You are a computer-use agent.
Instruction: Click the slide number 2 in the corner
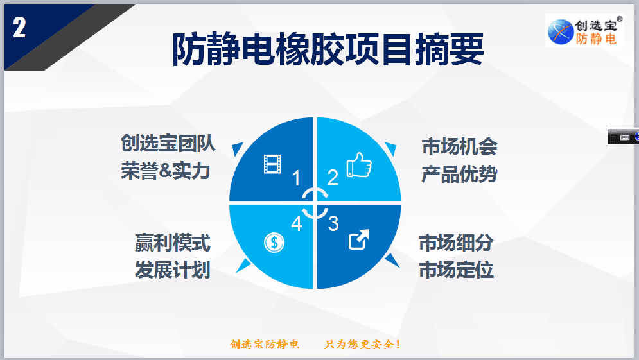19,28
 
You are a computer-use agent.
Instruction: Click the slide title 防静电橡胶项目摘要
328,49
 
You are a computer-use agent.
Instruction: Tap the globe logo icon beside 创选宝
561,31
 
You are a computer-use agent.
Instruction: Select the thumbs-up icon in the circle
359,165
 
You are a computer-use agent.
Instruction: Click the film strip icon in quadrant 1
272,164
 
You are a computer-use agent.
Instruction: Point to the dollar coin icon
274,243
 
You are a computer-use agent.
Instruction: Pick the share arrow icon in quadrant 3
359,239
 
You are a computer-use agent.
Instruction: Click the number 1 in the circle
296,178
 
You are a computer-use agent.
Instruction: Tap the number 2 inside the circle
333,178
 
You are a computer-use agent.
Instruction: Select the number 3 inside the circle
333,223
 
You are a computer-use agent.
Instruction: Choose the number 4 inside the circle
297,223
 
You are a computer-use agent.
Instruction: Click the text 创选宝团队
168,143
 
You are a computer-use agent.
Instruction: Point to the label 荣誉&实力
166,171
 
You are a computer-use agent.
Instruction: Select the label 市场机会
459,146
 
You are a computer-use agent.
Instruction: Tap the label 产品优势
459,174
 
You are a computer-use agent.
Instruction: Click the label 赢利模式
173,243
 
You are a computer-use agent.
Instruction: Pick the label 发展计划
173,270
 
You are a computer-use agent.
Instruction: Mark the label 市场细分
457,243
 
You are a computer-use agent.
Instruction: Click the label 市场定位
457,270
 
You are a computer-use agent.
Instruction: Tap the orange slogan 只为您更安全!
362,345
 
